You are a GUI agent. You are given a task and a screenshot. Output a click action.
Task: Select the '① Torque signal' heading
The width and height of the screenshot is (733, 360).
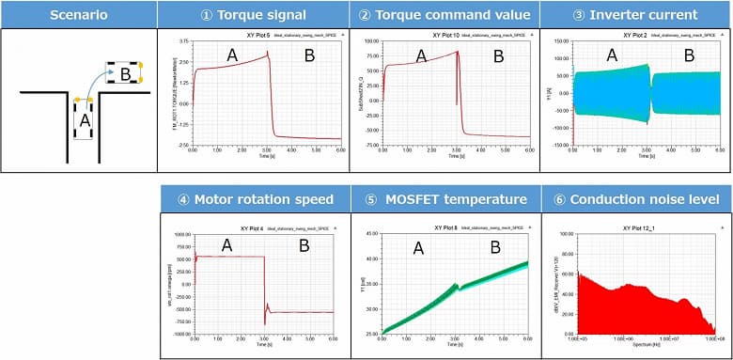tap(253, 14)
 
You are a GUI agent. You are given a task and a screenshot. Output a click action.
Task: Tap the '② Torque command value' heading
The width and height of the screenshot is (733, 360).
tap(445, 14)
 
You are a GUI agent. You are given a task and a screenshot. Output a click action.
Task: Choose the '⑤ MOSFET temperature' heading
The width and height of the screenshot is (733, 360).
tap(445, 199)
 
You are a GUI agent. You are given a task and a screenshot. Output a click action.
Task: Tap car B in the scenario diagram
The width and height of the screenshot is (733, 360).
tap(124, 72)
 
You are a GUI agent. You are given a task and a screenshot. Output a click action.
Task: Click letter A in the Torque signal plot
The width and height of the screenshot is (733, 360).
tap(231, 56)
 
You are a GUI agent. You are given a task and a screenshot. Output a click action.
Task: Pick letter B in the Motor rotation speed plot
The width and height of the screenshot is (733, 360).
tap(304, 247)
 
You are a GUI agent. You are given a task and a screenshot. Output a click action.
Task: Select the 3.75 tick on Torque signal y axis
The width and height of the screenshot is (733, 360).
tap(183, 41)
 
